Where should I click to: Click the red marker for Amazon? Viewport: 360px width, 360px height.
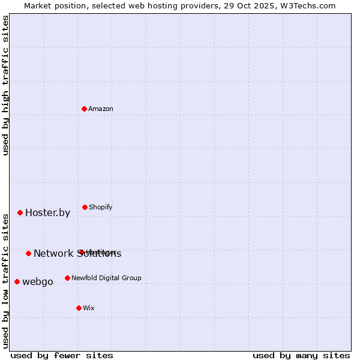[x=85, y=109]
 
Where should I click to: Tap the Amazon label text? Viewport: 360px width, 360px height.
[x=101, y=109]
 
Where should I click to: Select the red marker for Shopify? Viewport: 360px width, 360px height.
[x=85, y=207]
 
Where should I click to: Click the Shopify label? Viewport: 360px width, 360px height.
[x=100, y=208]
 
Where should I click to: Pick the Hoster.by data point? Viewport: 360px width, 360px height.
[x=20, y=212]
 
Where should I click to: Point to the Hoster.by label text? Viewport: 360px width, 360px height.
[x=47, y=213]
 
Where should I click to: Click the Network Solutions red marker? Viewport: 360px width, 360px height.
[x=28, y=253]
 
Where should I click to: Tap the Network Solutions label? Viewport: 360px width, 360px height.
[x=77, y=254]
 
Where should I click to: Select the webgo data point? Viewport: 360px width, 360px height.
[x=17, y=281]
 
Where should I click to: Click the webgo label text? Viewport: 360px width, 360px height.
[x=37, y=282]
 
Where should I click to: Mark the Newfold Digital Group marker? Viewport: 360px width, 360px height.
[x=67, y=278]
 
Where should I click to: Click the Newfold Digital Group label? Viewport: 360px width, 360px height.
[x=106, y=278]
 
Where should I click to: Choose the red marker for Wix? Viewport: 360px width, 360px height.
[x=79, y=308]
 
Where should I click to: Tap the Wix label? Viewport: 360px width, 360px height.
[x=89, y=308]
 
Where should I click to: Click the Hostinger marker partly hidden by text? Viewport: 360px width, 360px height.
[x=80, y=252]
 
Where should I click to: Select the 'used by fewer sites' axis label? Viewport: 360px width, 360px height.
[x=62, y=355]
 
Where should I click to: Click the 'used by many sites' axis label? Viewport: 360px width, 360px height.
[x=301, y=355]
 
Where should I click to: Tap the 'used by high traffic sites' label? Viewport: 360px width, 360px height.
[x=6, y=85]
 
